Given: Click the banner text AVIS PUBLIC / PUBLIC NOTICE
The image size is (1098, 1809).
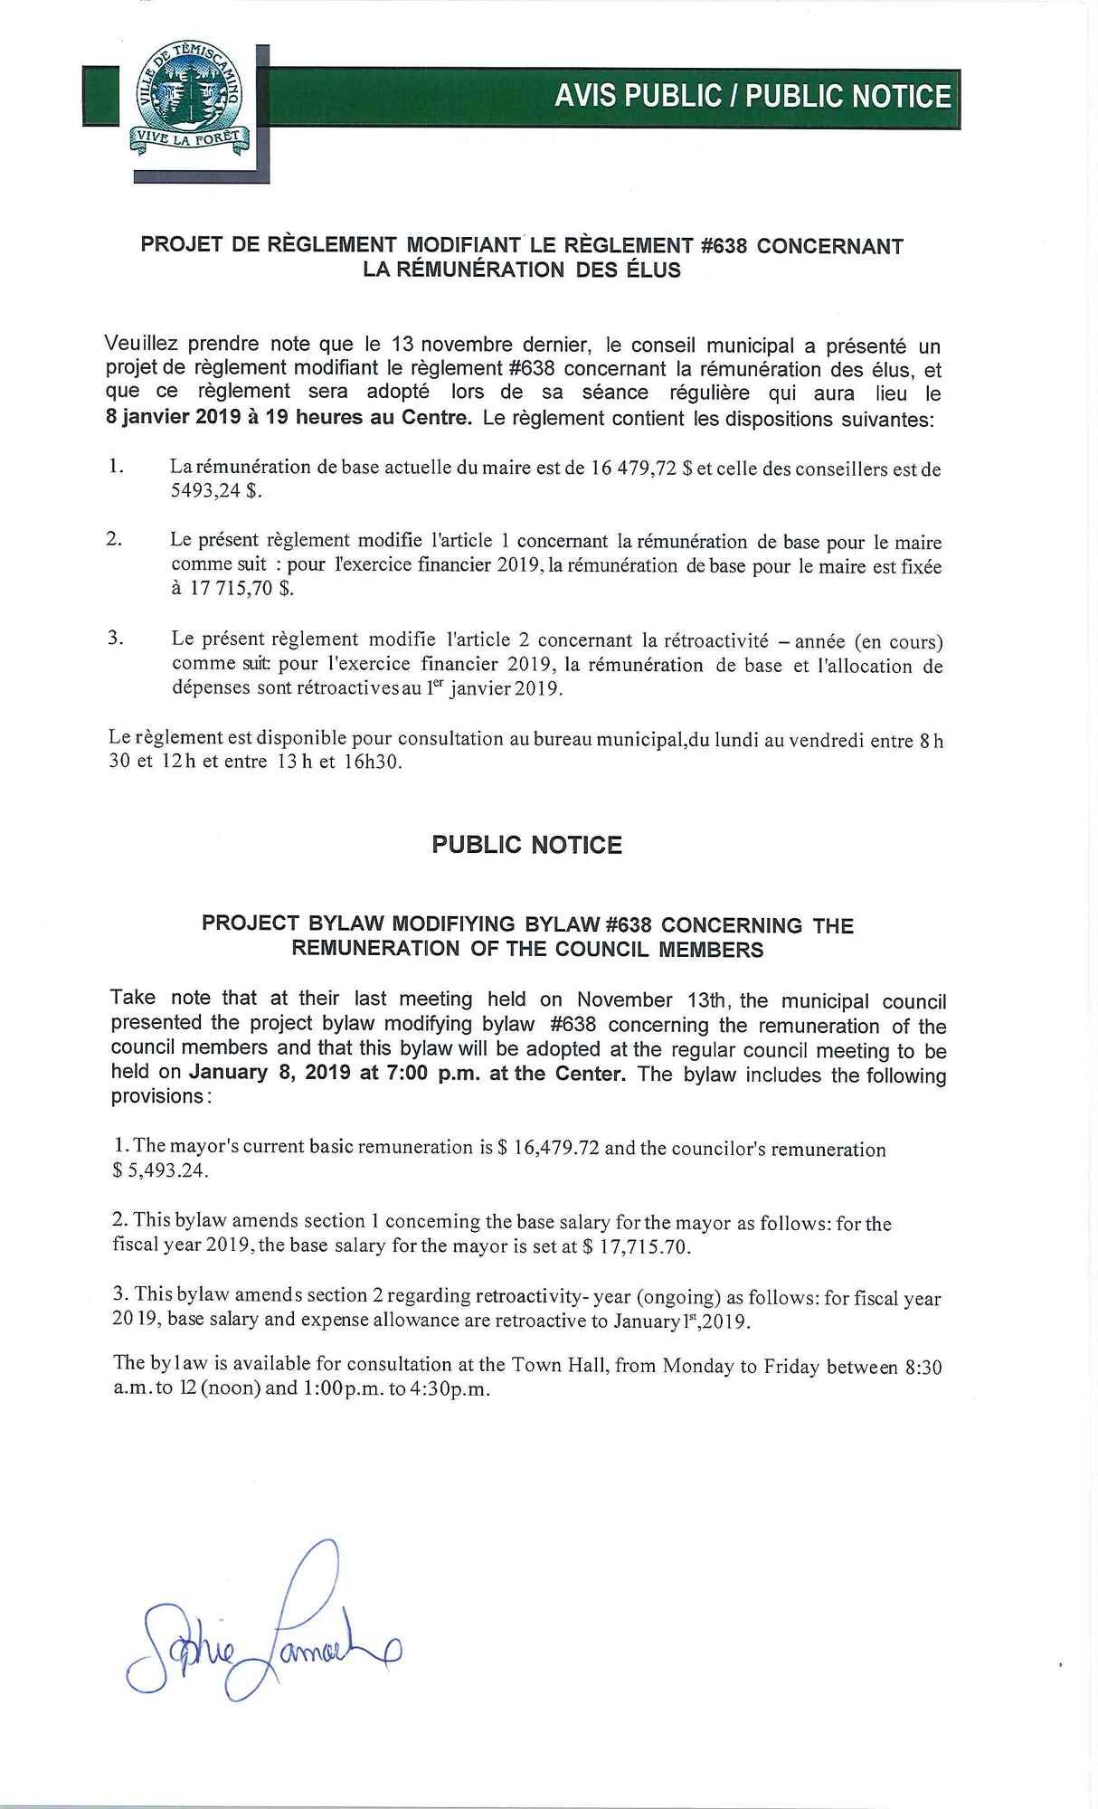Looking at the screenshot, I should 753,97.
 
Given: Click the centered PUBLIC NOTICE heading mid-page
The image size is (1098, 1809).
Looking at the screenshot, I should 526,845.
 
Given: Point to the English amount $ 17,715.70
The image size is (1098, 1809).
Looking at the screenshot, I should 636,1247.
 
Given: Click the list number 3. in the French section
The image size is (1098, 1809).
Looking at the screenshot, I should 115,639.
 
